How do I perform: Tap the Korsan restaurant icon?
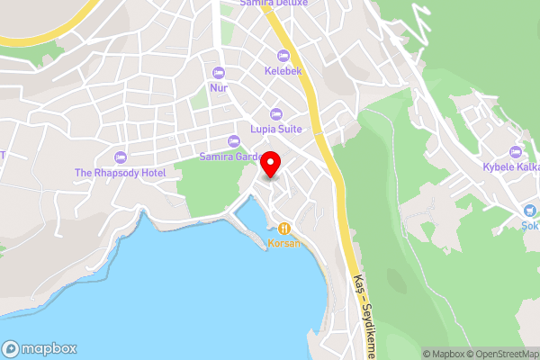(285, 229)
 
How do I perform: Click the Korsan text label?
(285, 243)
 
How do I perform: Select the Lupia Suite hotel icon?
(275, 114)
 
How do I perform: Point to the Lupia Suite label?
(275, 130)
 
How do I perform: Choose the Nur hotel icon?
(218, 73)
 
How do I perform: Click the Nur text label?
(218, 88)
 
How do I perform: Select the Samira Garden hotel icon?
(234, 141)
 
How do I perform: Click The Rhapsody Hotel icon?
(120, 157)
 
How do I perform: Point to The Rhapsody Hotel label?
(120, 172)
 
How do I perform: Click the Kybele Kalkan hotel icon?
(515, 151)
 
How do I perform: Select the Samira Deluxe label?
(274, 4)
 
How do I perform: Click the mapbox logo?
(40, 348)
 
